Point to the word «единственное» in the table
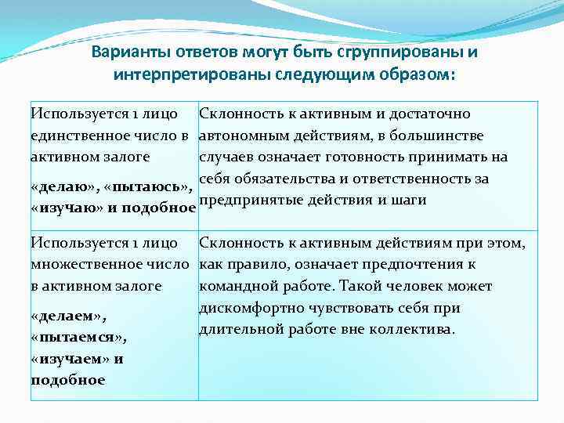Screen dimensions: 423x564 pos(77,136)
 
